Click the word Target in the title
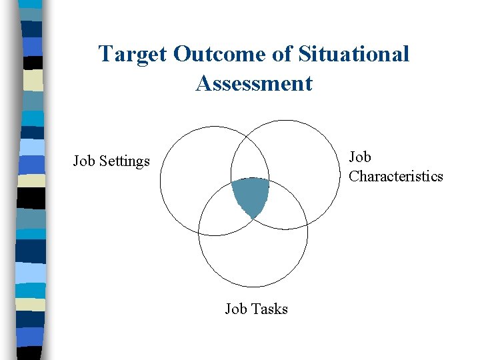[x=133, y=54]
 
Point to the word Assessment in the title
[x=254, y=83]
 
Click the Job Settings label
[x=111, y=161]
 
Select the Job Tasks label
[x=256, y=309]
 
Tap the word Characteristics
[x=396, y=176]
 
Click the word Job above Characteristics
[x=360, y=157]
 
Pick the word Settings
[x=126, y=161]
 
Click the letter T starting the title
[x=104, y=54]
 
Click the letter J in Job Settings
[x=76, y=161]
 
